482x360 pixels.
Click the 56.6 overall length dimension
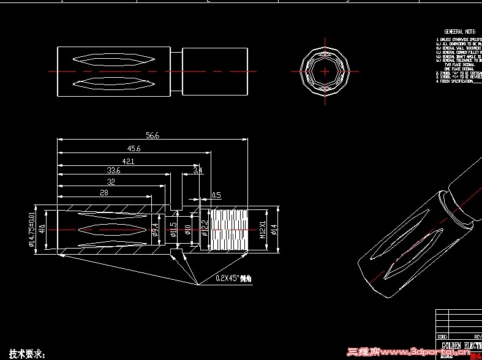pos(153,136)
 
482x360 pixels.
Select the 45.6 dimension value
pos(134,149)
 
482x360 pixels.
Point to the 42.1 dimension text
pos(128,161)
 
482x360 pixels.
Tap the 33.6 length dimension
pos(113,171)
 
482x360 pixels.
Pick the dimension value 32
pos(111,182)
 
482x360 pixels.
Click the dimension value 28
pos(104,193)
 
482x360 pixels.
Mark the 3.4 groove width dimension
pos(198,171)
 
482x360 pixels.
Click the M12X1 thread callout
pos(262,229)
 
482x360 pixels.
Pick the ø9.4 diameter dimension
pos(156,230)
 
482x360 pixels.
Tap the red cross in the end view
pos(325,72)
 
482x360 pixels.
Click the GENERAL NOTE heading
pos(460,31)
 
